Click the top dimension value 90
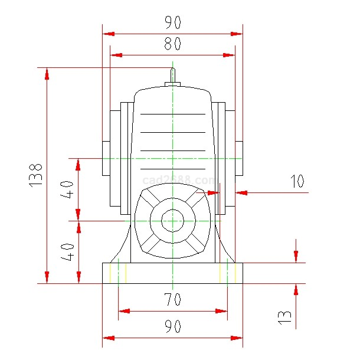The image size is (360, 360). click(172, 23)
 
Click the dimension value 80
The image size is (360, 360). click(172, 44)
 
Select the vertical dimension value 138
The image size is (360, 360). click(36, 175)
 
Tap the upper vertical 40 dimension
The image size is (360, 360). click(68, 190)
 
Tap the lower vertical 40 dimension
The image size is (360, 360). click(68, 251)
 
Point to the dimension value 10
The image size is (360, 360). click(297, 181)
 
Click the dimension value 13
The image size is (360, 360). click(285, 317)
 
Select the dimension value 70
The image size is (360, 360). click(172, 300)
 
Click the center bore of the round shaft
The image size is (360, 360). click(172, 221)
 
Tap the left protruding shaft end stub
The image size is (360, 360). click(106, 158)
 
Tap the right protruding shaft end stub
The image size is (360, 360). click(239, 158)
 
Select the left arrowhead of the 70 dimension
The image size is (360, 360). click(123, 311)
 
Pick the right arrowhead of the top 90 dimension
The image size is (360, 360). click(237, 34)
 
